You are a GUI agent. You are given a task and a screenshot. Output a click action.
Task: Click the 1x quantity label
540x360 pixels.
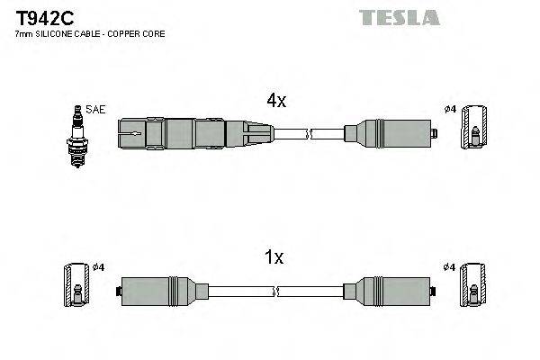[274, 258]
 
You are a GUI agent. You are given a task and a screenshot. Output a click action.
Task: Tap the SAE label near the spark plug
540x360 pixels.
[96, 110]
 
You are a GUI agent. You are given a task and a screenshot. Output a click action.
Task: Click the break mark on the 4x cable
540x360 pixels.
[309, 136]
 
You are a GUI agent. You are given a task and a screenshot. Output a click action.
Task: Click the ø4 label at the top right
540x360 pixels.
[450, 110]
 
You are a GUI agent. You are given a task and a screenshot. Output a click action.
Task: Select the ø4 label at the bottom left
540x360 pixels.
[100, 267]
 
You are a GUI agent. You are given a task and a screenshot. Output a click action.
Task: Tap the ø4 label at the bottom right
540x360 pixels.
[450, 267]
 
